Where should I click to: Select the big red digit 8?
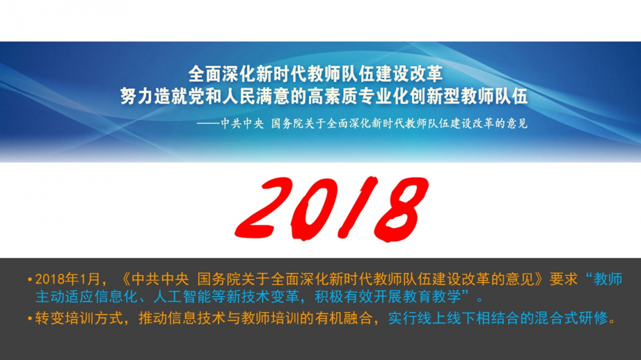point(401,209)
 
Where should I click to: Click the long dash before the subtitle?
point(208,124)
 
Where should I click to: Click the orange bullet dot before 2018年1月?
point(30,280)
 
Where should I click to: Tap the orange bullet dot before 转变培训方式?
point(30,318)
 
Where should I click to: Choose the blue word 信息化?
point(117,297)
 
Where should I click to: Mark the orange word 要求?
point(563,279)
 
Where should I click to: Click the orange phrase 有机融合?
point(344,318)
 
